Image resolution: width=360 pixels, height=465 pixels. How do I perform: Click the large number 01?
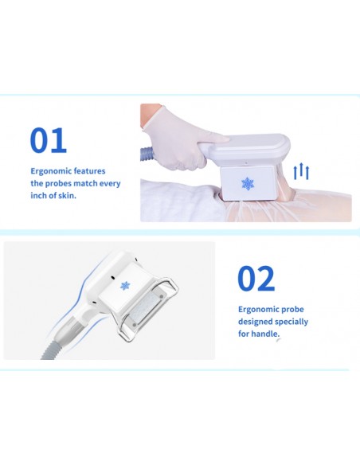click(49, 140)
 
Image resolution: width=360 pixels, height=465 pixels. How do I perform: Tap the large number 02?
click(256, 279)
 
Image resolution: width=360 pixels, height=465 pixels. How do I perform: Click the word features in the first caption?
click(89, 171)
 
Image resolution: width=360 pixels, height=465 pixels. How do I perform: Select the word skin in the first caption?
click(68, 195)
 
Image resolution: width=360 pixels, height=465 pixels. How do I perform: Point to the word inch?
click(37, 195)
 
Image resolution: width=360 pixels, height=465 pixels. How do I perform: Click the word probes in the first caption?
click(57, 184)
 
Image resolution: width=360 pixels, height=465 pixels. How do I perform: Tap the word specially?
click(292, 322)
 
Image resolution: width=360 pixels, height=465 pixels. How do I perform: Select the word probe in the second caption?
click(292, 310)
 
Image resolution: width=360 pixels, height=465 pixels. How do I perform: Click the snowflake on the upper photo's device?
click(248, 184)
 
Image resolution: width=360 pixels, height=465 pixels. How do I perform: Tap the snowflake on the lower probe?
click(125, 286)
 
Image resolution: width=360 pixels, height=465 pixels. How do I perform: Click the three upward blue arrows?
click(301, 171)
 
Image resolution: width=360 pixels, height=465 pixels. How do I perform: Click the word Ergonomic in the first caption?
click(51, 171)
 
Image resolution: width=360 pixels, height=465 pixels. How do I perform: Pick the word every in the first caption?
click(110, 184)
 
